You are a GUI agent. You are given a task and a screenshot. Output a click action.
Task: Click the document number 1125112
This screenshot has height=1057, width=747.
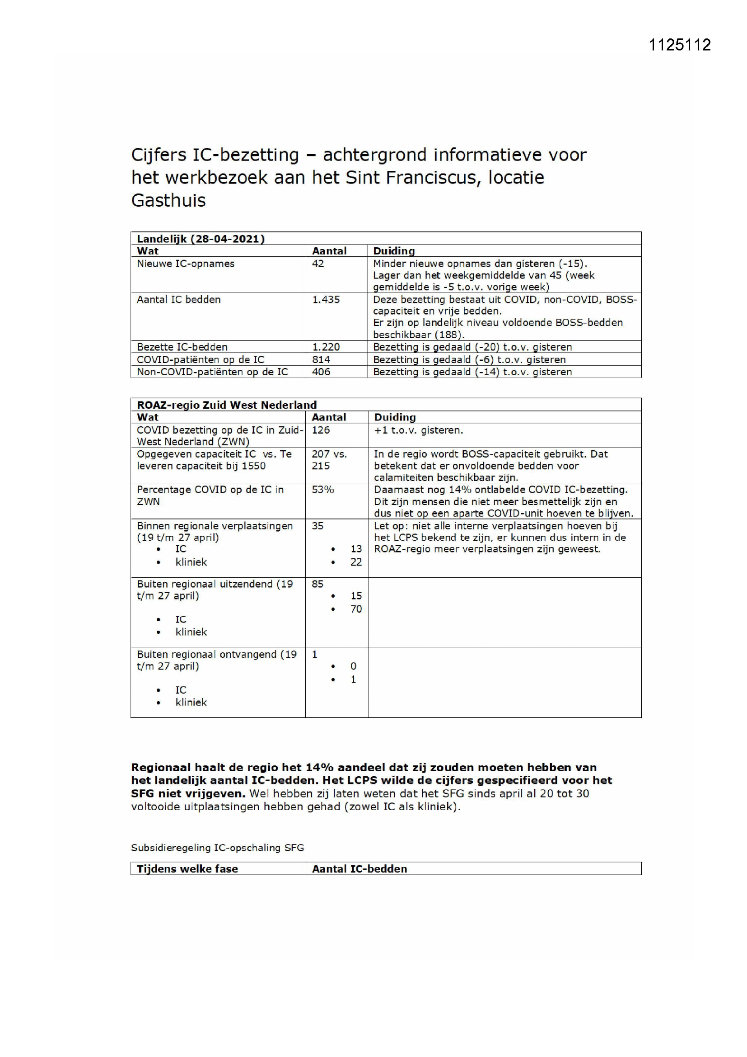coord(679,45)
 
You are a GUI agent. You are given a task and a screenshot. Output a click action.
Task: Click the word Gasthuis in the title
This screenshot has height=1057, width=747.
coord(168,200)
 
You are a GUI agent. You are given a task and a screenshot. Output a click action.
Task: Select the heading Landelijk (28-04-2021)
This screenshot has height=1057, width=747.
coord(201,238)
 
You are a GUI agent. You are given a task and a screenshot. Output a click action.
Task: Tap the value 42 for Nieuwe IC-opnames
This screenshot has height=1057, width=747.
coord(318,264)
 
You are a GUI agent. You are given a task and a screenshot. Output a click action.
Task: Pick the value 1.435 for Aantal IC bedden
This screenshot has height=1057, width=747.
coord(326,300)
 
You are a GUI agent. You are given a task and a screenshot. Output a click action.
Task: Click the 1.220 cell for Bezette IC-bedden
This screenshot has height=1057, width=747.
coord(326,347)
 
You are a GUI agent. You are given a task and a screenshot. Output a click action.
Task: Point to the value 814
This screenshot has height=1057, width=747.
coord(321,359)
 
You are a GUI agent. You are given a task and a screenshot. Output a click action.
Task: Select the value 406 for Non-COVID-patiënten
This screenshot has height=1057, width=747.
coord(321,372)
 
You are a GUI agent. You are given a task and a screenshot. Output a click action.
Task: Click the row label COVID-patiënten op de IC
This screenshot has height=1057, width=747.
coord(201,359)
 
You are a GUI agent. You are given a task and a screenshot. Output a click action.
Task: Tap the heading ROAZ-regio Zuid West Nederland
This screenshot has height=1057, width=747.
coord(227,405)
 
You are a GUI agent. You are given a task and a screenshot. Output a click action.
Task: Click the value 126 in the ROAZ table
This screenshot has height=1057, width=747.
coord(321,430)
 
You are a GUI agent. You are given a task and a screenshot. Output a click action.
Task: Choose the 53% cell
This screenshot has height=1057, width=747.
coord(322,490)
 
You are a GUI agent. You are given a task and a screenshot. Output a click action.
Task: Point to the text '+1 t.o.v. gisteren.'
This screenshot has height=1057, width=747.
coord(418,430)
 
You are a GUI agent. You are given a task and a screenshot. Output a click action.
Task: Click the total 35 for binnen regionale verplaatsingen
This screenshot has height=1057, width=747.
coord(317,526)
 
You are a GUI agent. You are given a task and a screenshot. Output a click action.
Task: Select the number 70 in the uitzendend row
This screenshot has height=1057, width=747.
coord(356,609)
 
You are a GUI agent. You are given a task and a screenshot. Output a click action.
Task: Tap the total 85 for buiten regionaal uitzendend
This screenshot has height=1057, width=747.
coord(317,584)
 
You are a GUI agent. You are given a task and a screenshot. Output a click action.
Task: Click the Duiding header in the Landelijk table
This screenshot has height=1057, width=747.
coord(394,251)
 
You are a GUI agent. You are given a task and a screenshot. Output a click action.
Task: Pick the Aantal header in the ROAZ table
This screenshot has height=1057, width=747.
coord(328,417)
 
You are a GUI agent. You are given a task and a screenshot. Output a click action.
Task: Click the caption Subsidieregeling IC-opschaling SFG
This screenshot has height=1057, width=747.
coord(217,848)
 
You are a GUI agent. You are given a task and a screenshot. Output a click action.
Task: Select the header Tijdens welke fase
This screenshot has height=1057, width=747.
coord(187,869)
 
